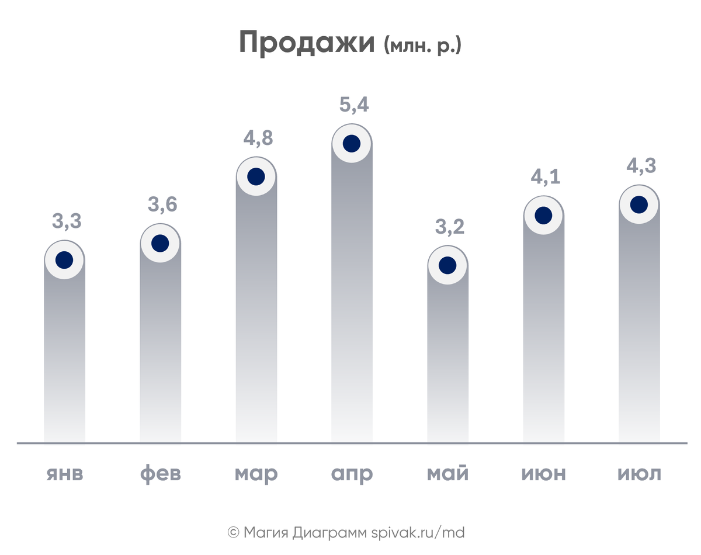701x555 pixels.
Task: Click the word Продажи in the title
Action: pyautogui.click(x=306, y=43)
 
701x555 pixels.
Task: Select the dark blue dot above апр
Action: pyautogui.click(x=352, y=143)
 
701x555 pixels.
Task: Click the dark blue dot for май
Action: pyautogui.click(x=447, y=265)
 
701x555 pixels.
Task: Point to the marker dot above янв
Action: pyautogui.click(x=64, y=259)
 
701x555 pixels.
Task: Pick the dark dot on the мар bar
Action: pyautogui.click(x=256, y=176)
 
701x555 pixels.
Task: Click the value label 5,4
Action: pyautogui.click(x=355, y=106)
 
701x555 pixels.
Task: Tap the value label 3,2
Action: pyautogui.click(x=450, y=227)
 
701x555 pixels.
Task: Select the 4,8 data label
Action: pyautogui.click(x=259, y=138)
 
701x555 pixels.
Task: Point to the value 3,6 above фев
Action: pyautogui.click(x=162, y=204)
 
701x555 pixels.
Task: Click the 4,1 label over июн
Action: pyautogui.click(x=545, y=176)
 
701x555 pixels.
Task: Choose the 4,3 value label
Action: pyautogui.click(x=641, y=166)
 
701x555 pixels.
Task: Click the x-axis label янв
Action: pyautogui.click(x=65, y=473)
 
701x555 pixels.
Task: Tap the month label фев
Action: pyautogui.click(x=161, y=473)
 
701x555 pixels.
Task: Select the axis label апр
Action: pyautogui.click(x=352, y=474)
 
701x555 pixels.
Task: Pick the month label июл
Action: pyautogui.click(x=639, y=473)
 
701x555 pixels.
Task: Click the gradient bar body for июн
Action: pyautogui.click(x=543, y=339)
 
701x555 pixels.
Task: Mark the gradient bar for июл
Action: pyautogui.click(x=639, y=333)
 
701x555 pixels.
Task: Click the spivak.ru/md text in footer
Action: pyautogui.click(x=418, y=532)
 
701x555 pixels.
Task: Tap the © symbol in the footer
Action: pyautogui.click(x=232, y=532)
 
